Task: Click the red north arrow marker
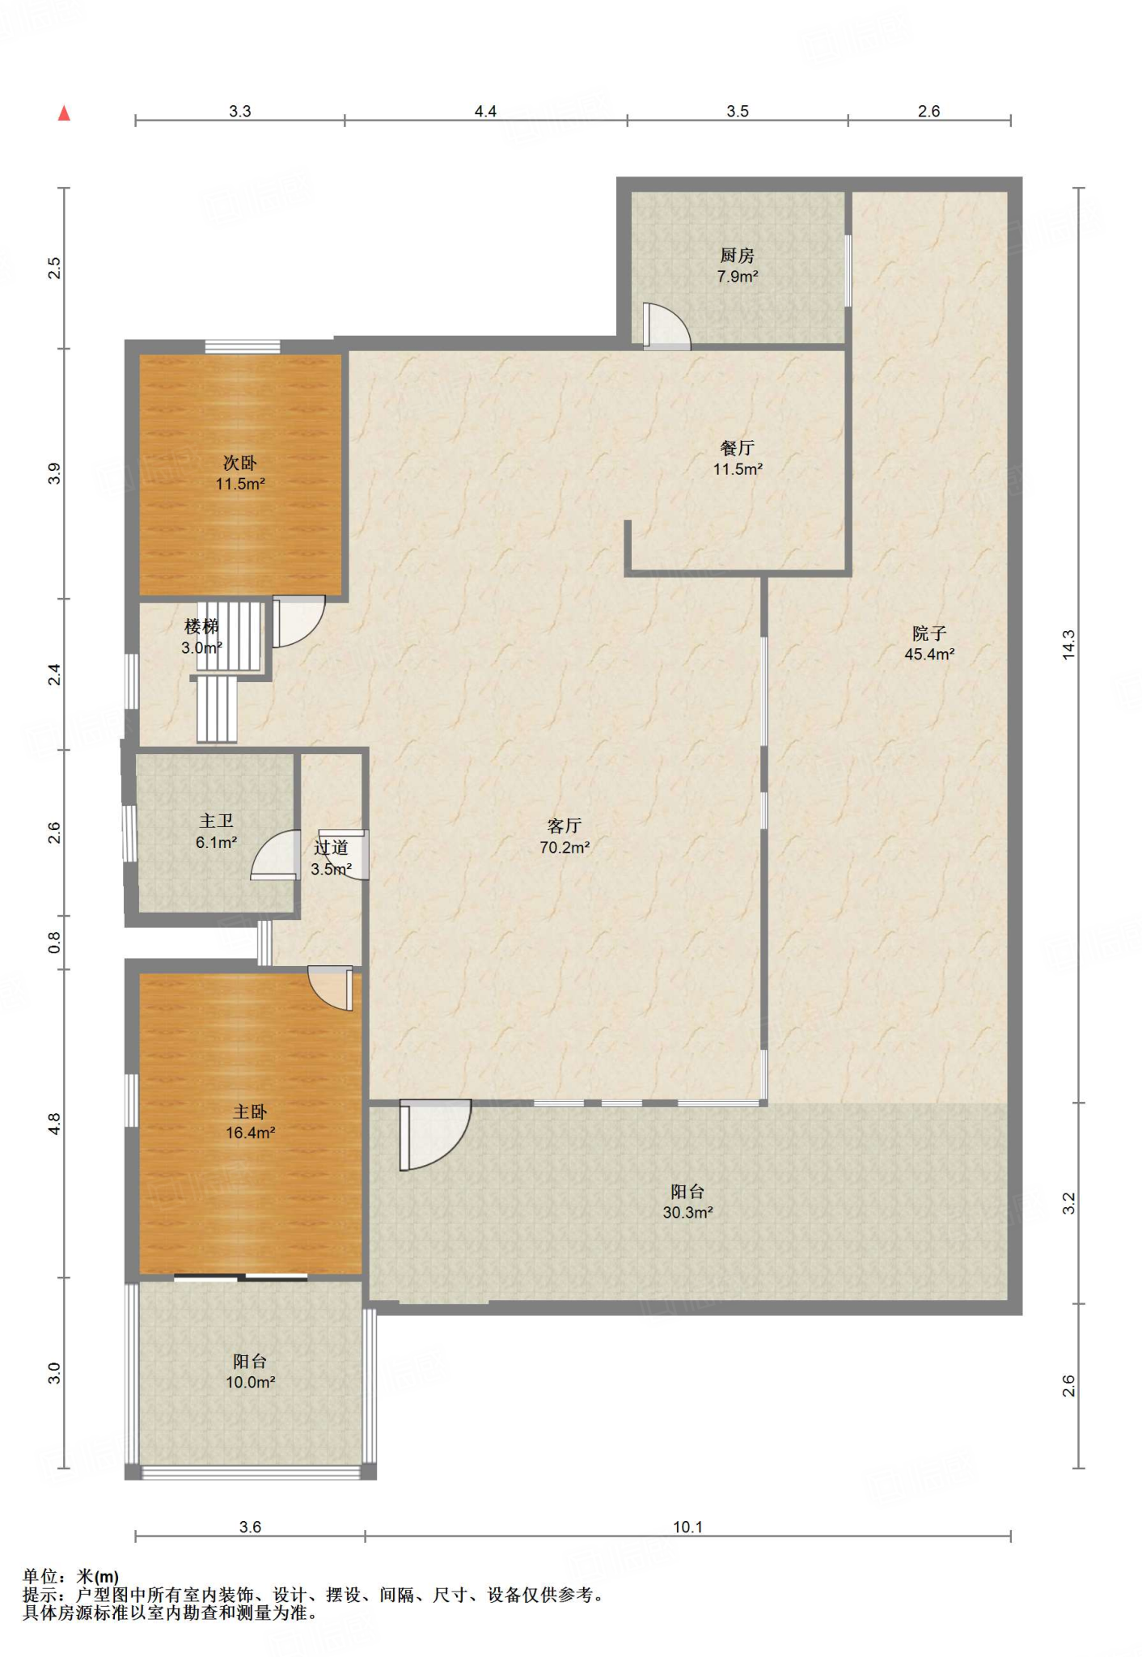tap(64, 114)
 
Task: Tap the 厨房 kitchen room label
tap(737, 256)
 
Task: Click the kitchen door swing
tap(667, 326)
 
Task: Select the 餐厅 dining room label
tap(737, 448)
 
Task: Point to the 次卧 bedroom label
tap(240, 463)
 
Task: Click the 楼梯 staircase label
tap(201, 626)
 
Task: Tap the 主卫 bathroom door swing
tap(275, 854)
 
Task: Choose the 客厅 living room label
tap(565, 826)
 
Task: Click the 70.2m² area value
tap(565, 848)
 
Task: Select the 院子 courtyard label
tap(929, 634)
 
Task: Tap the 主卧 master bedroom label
tap(250, 1112)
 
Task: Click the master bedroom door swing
tap(331, 989)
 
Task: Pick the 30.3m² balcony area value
tap(687, 1213)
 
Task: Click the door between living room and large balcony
tap(435, 1135)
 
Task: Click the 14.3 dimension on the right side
tap(1069, 645)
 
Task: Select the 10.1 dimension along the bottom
tap(688, 1528)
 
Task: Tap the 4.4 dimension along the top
tap(485, 112)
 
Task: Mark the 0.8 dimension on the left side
tap(54, 942)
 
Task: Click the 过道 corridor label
tap(331, 847)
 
